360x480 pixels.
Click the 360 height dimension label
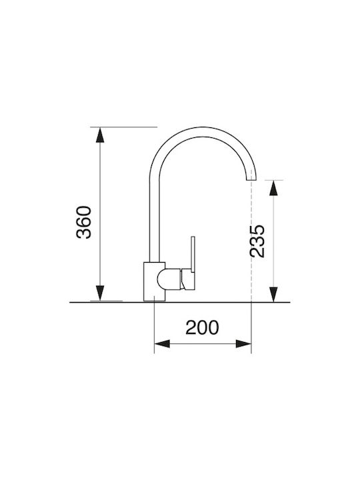coord(84,222)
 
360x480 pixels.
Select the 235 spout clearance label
coord(257,241)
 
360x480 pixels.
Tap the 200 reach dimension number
coord(203,327)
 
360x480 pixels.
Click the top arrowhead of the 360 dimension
coord(100,135)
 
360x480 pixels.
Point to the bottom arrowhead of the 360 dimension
coord(100,293)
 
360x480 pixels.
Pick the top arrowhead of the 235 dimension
coord(273,187)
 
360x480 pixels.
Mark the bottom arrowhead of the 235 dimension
coord(273,295)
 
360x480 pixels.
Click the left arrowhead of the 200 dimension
coord(162,344)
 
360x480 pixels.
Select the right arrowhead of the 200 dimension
coord(243,344)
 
